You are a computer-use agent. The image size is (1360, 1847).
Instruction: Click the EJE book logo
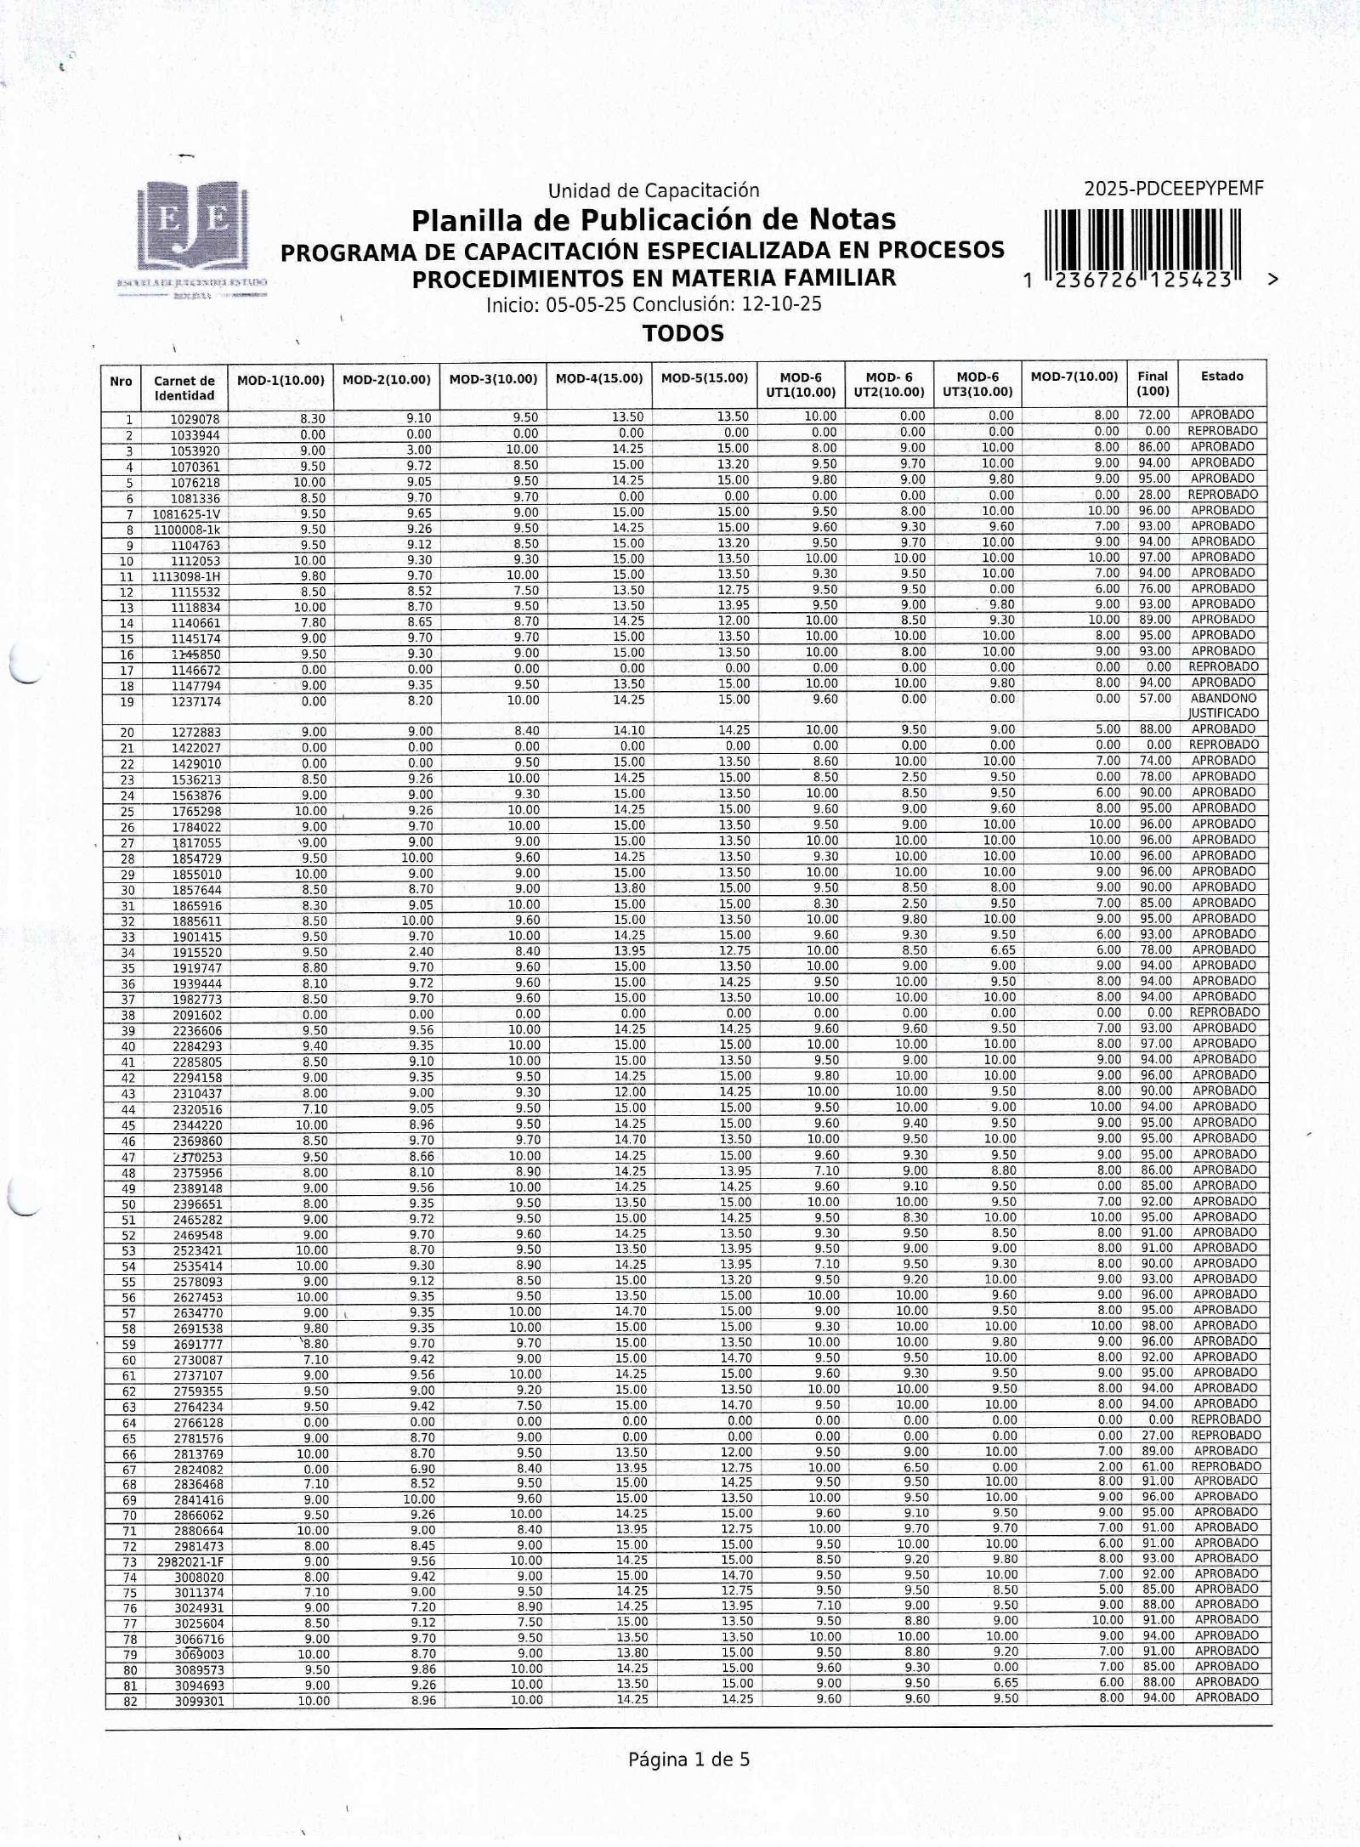[194, 228]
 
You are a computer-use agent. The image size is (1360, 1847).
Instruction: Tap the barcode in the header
[1143, 245]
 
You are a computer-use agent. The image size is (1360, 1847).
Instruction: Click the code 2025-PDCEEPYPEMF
[1173, 189]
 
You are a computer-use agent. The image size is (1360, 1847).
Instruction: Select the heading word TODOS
[683, 333]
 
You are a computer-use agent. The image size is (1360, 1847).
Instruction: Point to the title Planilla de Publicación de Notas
[654, 220]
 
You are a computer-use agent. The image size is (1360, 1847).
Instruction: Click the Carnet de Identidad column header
[184, 388]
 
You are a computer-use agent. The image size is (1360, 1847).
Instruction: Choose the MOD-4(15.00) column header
[599, 379]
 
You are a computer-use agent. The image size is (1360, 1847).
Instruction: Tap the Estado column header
[1221, 376]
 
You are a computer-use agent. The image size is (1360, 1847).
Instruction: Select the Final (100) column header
[1153, 383]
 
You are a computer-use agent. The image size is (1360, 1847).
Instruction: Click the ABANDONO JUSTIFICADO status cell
[1223, 705]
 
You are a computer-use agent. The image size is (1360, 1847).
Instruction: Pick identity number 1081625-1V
[186, 514]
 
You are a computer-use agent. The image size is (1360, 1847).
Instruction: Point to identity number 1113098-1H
[182, 576]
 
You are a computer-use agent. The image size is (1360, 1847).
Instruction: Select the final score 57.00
[1154, 699]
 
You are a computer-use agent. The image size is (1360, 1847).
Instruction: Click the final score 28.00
[1154, 496]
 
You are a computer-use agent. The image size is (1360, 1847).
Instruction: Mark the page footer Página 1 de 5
[688, 1759]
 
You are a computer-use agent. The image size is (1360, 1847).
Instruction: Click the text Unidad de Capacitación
[653, 190]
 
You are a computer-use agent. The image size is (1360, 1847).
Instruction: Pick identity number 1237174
[195, 702]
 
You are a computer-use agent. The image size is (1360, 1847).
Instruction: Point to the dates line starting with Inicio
[654, 304]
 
